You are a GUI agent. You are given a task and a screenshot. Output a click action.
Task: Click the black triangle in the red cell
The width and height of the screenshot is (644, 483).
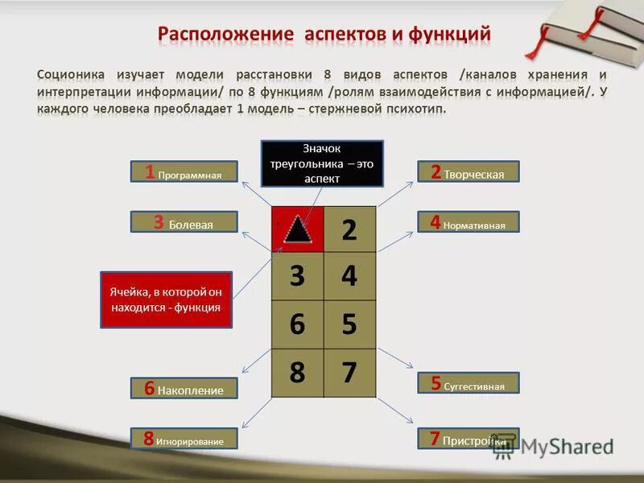point(297,230)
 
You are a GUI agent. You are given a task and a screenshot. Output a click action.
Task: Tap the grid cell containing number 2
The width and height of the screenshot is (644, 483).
point(349,230)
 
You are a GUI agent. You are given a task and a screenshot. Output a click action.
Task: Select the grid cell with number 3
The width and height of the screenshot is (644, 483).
point(297,276)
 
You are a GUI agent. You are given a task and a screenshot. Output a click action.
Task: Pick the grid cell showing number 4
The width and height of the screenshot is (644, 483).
point(349,276)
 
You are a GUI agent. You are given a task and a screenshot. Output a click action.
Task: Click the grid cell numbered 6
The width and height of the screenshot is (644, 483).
point(297,324)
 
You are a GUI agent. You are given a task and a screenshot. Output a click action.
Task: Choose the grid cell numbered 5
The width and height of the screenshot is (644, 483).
point(349,324)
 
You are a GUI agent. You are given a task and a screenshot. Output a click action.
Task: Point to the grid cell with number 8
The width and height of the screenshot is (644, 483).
point(297,373)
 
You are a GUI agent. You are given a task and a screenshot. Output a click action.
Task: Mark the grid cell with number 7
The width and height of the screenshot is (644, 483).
point(349,373)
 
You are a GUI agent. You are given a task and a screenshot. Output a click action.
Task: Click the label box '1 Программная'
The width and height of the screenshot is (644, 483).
point(185,171)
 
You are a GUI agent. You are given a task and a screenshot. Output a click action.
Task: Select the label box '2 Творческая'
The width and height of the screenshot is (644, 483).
point(469,171)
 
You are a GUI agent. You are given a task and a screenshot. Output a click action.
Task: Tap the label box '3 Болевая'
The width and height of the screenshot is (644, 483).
point(185,222)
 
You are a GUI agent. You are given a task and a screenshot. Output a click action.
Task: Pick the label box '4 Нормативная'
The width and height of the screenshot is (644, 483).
point(469,222)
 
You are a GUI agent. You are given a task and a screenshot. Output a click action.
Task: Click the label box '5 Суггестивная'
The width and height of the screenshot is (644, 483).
point(469,383)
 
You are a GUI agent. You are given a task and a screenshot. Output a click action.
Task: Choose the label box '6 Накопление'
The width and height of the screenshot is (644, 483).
point(185,388)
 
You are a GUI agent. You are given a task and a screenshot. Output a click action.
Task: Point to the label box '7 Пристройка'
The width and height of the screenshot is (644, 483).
point(469,439)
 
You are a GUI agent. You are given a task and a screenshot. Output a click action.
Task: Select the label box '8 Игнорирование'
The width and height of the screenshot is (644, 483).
point(185,439)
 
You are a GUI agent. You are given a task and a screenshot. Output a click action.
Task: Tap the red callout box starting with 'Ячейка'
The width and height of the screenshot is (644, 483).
point(166,299)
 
